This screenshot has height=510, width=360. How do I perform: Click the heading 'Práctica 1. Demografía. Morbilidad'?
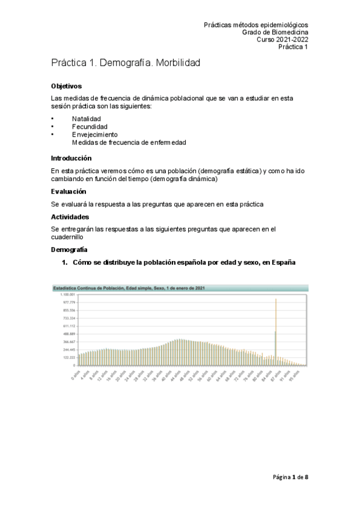[125, 63]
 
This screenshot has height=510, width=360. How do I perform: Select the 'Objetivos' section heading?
[66, 87]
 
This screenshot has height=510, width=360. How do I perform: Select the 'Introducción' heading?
[71, 159]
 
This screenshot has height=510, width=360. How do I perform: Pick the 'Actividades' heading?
[70, 217]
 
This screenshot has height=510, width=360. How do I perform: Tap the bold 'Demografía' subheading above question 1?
[70, 249]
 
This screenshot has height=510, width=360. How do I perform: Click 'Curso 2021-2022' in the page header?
[282, 40]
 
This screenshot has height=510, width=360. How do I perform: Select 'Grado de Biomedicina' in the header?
[275, 32]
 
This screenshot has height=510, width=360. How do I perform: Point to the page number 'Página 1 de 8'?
[289, 477]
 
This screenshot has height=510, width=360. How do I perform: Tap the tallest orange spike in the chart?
[276, 301]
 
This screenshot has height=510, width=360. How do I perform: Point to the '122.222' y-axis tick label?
[68, 357]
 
